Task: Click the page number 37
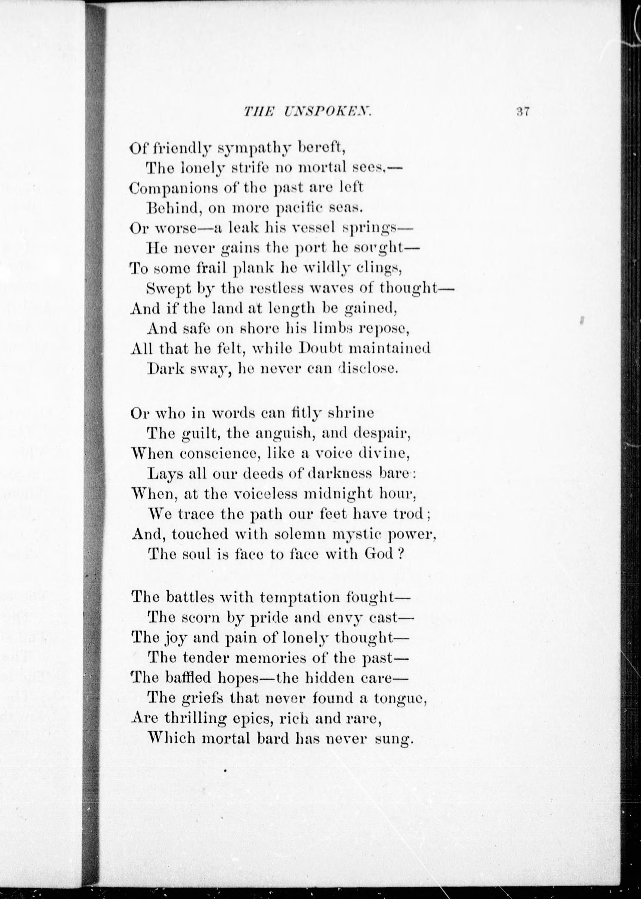[522, 112]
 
